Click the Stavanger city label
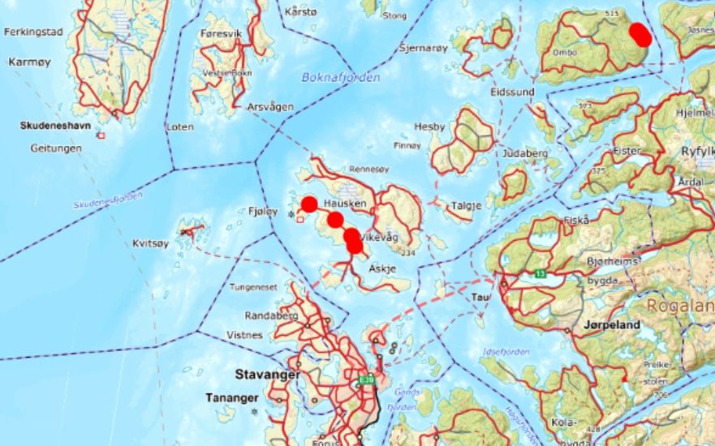pyautogui.click(x=267, y=375)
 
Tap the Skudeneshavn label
pyautogui.click(x=54, y=127)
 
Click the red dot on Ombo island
pyautogui.click(x=640, y=33)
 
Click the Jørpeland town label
pyautogui.click(x=611, y=325)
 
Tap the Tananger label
pyautogui.click(x=231, y=398)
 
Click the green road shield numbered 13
pyautogui.click(x=541, y=273)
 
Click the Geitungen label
pyautogui.click(x=56, y=149)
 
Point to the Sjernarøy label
pyautogui.click(x=424, y=49)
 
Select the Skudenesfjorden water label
pyautogui.click(x=107, y=200)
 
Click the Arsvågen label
pyautogui.click(x=271, y=107)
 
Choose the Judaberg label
pyautogui.click(x=526, y=152)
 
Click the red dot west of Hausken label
pyautogui.click(x=308, y=204)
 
